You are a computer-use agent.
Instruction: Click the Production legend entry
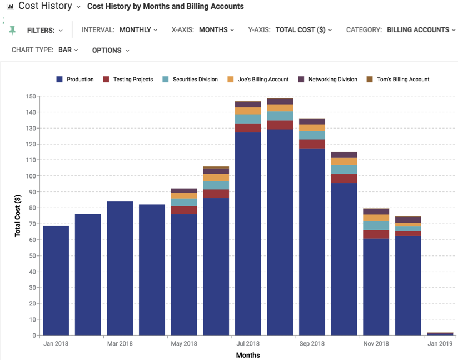click(x=75, y=80)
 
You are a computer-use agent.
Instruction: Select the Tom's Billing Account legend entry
click(x=398, y=80)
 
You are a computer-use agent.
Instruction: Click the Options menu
click(x=111, y=51)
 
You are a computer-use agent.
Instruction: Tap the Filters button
click(x=44, y=31)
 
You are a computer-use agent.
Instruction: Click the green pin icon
click(x=12, y=30)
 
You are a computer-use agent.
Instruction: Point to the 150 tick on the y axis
click(x=31, y=96)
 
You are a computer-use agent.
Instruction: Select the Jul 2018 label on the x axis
click(x=247, y=344)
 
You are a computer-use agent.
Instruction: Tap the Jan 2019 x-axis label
click(x=440, y=344)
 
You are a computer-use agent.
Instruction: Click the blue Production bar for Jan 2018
click(x=56, y=281)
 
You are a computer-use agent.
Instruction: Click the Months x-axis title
click(x=248, y=355)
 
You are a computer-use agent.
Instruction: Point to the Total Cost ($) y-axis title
click(x=18, y=216)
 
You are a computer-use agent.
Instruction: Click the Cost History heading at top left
click(x=45, y=6)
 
